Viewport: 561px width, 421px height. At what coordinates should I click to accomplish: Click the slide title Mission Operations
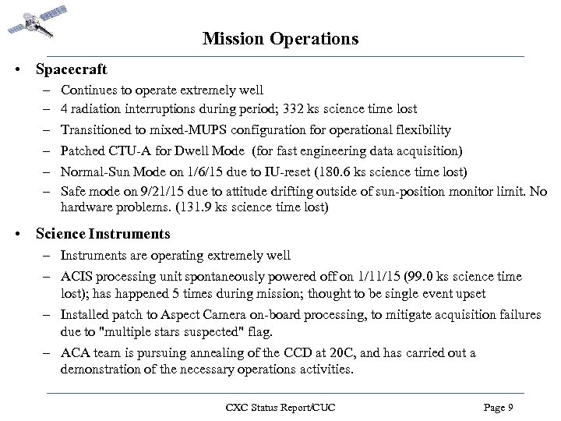click(x=280, y=38)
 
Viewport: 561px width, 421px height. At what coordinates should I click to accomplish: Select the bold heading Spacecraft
click(x=71, y=69)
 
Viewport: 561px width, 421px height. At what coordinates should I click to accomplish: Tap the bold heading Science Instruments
click(x=103, y=234)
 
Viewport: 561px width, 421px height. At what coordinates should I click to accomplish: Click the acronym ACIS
click(x=76, y=277)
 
